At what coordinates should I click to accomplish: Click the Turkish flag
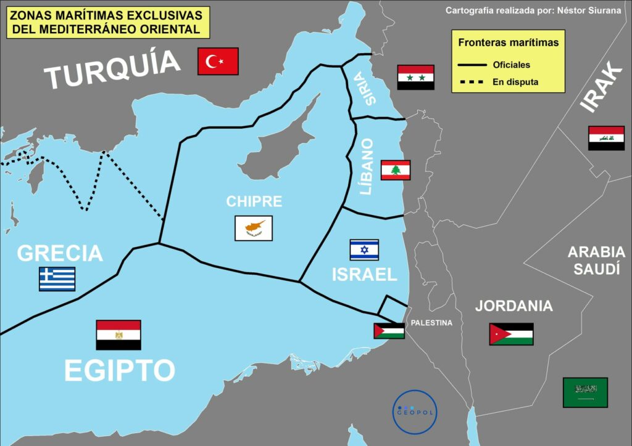click(x=218, y=61)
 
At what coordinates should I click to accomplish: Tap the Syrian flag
click(x=415, y=77)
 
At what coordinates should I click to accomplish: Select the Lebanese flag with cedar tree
click(x=395, y=170)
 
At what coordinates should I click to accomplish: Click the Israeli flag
click(x=364, y=250)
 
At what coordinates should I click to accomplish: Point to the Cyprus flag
click(x=253, y=228)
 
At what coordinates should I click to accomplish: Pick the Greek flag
click(x=57, y=279)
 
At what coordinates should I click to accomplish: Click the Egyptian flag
click(x=118, y=335)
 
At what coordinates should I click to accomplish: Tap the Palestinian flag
click(x=389, y=331)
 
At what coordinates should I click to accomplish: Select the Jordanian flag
click(x=511, y=334)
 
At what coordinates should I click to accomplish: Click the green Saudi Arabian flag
click(x=585, y=392)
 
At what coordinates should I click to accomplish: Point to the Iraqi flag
click(x=606, y=138)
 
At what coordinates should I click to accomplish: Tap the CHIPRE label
click(x=254, y=201)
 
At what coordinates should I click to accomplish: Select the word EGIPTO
click(x=120, y=371)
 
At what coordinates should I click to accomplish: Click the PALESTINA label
click(x=431, y=323)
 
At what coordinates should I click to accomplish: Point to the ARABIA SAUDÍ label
click(x=596, y=260)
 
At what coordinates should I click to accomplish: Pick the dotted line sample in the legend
click(x=472, y=82)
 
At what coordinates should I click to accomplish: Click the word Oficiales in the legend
click(x=512, y=65)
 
